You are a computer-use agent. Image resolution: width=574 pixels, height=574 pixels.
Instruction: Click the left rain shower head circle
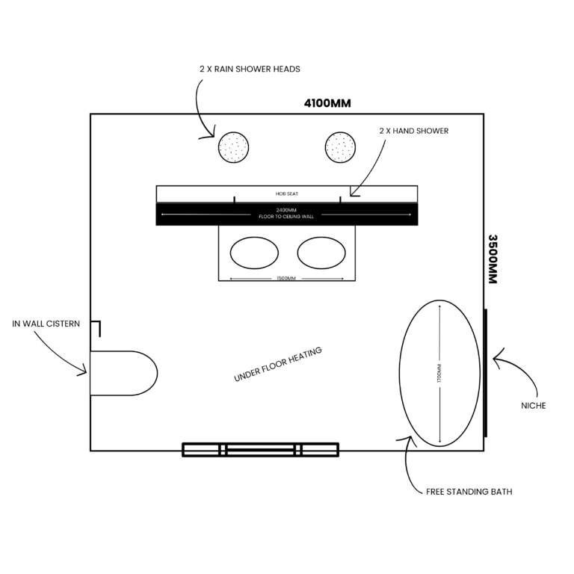click(234, 146)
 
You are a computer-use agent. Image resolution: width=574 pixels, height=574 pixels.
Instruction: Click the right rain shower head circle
click(341, 146)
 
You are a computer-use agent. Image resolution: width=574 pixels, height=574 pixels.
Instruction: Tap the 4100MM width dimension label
click(327, 103)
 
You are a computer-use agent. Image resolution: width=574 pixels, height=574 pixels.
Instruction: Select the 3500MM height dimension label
click(493, 259)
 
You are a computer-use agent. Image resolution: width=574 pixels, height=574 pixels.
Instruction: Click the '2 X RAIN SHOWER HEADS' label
click(250, 70)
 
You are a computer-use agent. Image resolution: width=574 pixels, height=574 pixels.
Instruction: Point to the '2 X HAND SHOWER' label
click(414, 131)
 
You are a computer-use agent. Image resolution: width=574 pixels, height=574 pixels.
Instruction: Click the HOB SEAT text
click(286, 194)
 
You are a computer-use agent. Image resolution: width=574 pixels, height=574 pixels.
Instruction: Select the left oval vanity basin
click(254, 253)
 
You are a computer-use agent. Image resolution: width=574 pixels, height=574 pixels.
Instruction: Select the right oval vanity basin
click(321, 253)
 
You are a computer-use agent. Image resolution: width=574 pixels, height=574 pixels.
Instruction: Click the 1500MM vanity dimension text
click(286, 279)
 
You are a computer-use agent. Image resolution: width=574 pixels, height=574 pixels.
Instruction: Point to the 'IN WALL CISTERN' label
click(46, 324)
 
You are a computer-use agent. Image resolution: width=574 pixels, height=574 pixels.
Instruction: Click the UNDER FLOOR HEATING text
click(277, 365)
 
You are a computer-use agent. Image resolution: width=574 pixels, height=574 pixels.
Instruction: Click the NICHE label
click(533, 406)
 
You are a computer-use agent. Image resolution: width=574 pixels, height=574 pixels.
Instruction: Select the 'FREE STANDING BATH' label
click(469, 492)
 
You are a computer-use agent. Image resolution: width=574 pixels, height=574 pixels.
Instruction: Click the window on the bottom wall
click(260, 449)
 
